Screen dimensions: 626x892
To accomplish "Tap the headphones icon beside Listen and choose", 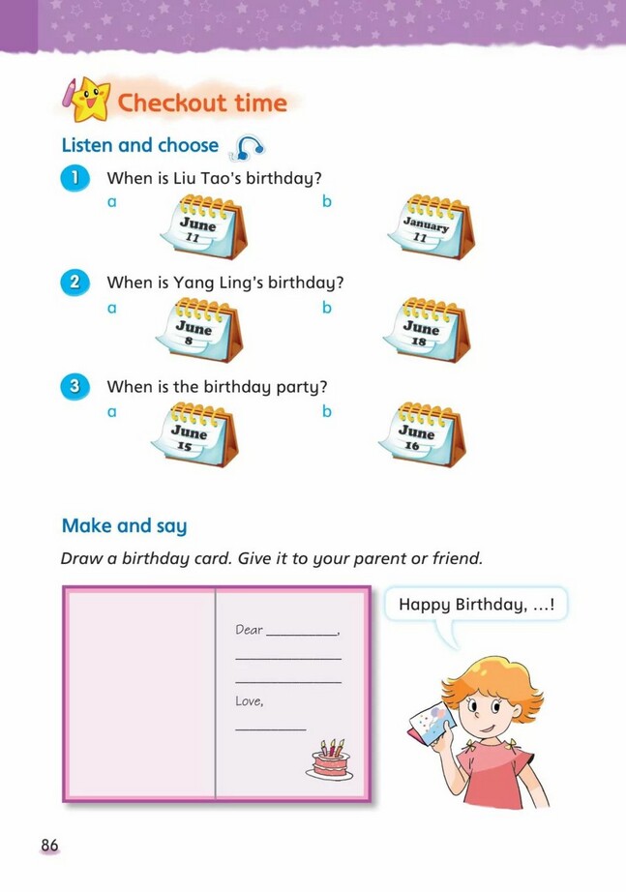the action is (x=247, y=148).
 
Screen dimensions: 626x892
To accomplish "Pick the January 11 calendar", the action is (x=432, y=227).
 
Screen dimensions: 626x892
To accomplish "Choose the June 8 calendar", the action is (x=199, y=331).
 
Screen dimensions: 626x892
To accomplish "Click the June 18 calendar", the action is (x=427, y=331).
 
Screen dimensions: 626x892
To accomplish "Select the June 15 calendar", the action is (x=194, y=434).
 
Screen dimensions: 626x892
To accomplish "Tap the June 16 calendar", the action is (x=422, y=434).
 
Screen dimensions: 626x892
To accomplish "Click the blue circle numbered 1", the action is (x=75, y=179).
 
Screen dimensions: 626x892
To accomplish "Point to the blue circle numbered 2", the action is (x=75, y=282).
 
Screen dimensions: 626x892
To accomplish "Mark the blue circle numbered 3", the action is (x=75, y=386).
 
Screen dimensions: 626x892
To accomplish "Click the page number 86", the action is (x=49, y=846).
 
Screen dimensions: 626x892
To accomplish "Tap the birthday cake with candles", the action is (x=330, y=760).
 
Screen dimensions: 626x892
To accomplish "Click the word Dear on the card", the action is (x=249, y=630).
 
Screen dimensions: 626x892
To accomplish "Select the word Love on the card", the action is (x=248, y=700).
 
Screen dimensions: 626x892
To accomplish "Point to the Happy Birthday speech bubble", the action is (x=476, y=605).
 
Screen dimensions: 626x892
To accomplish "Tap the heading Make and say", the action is (x=124, y=526).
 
